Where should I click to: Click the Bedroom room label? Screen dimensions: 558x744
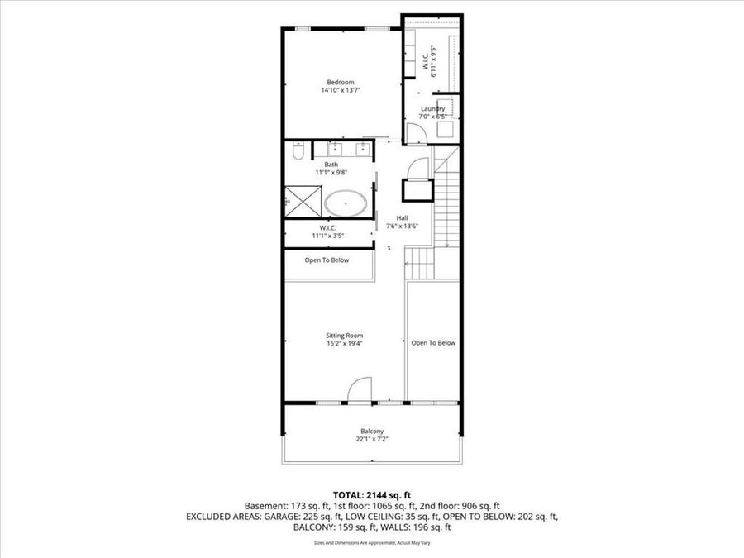(341, 82)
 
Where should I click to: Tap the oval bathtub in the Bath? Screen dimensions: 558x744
(346, 203)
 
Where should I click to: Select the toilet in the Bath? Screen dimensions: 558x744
(299, 150)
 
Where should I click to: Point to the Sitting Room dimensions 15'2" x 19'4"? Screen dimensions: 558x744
(343, 343)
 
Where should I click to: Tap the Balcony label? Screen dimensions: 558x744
(371, 431)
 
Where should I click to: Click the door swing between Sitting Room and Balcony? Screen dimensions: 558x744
(359, 390)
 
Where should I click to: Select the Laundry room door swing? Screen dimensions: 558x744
(413, 133)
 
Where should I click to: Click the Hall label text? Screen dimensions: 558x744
(402, 218)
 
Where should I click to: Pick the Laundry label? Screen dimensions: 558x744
(432, 108)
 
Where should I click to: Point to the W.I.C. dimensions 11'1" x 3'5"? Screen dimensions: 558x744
(328, 236)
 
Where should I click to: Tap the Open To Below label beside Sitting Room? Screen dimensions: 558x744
(433, 342)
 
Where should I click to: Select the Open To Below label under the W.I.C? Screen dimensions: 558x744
(327, 260)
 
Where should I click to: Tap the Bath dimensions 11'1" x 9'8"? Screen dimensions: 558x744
(331, 173)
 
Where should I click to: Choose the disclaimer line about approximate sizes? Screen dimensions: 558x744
(371, 543)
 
